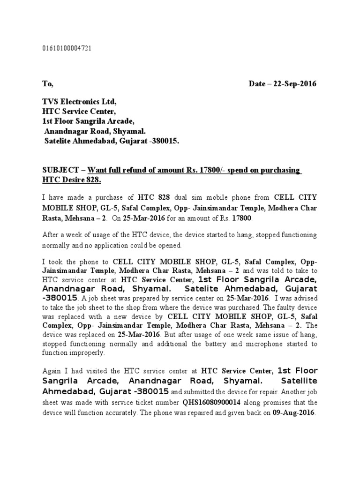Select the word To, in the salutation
point(48,84)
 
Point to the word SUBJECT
point(60,170)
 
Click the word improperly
point(89,353)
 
